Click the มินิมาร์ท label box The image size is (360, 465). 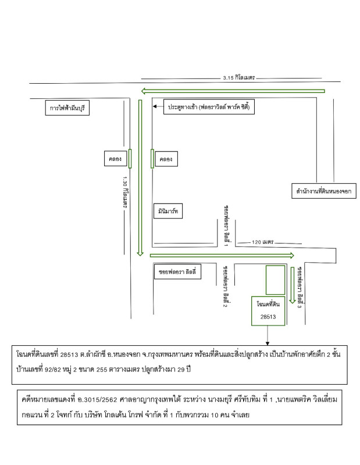click(x=168, y=210)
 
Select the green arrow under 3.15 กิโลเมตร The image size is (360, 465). click(x=233, y=90)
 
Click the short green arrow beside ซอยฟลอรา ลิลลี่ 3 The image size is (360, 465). click(x=293, y=285)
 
